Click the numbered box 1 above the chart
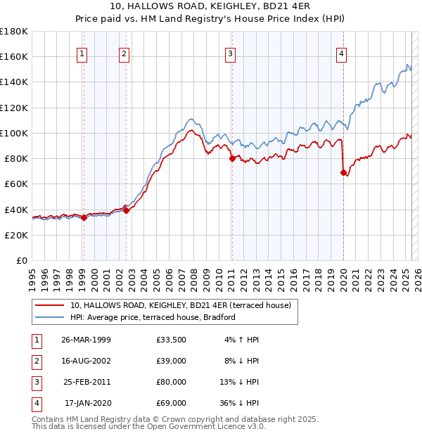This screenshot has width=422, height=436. [82, 53]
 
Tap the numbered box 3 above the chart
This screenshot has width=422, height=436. [231, 53]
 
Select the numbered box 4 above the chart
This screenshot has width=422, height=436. [341, 53]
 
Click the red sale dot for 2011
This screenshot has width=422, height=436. [231, 158]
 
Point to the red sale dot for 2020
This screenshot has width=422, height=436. [343, 172]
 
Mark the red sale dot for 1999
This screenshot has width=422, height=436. [84, 217]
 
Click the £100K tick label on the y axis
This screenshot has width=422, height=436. [14, 133]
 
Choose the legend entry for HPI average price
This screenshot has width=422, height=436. [152, 317]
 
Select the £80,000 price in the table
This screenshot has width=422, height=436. [172, 383]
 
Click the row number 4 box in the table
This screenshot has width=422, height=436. [34, 404]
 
